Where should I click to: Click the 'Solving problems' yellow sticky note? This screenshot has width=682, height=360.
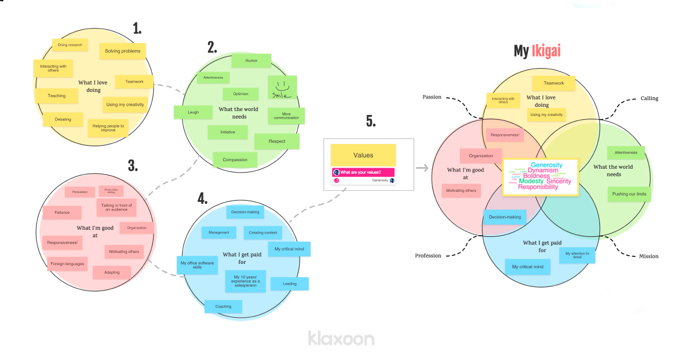click(x=123, y=51)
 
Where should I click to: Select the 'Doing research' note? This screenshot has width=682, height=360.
click(x=70, y=45)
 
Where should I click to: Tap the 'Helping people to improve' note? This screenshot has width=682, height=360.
click(x=108, y=128)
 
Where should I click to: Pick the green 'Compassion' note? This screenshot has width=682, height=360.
click(x=235, y=160)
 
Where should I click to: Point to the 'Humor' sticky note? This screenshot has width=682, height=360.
click(x=251, y=60)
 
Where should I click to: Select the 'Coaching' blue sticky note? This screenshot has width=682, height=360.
click(x=223, y=306)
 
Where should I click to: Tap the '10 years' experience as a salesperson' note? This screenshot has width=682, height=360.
click(x=245, y=281)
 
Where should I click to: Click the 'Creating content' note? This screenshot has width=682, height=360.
click(x=263, y=232)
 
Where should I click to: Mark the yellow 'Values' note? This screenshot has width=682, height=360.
click(x=363, y=156)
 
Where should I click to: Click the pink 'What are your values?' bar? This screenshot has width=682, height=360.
click(x=363, y=172)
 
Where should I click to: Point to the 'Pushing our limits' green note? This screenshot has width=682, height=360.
click(x=629, y=194)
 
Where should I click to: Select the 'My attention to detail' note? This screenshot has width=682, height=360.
click(x=577, y=255)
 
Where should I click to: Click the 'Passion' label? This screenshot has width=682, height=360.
click(x=432, y=97)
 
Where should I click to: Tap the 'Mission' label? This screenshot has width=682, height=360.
click(x=648, y=256)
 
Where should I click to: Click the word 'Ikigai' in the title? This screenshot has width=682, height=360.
click(x=546, y=51)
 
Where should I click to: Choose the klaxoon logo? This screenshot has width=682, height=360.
click(x=341, y=337)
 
